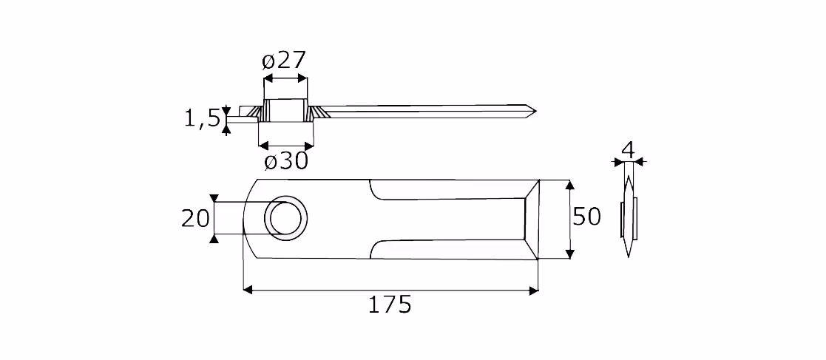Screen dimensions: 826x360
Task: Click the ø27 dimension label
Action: click(284, 61)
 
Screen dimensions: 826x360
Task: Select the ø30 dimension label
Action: click(285, 162)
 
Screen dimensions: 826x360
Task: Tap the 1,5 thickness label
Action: click(202, 119)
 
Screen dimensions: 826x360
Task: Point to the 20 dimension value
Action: click(195, 218)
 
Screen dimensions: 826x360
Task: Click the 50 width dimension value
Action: click(586, 217)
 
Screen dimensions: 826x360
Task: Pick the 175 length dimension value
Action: click(389, 305)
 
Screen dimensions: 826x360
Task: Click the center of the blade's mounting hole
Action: click(285, 218)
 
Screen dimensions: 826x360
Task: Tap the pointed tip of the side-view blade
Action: click(535, 111)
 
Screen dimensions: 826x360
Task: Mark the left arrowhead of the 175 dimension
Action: click(247, 290)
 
